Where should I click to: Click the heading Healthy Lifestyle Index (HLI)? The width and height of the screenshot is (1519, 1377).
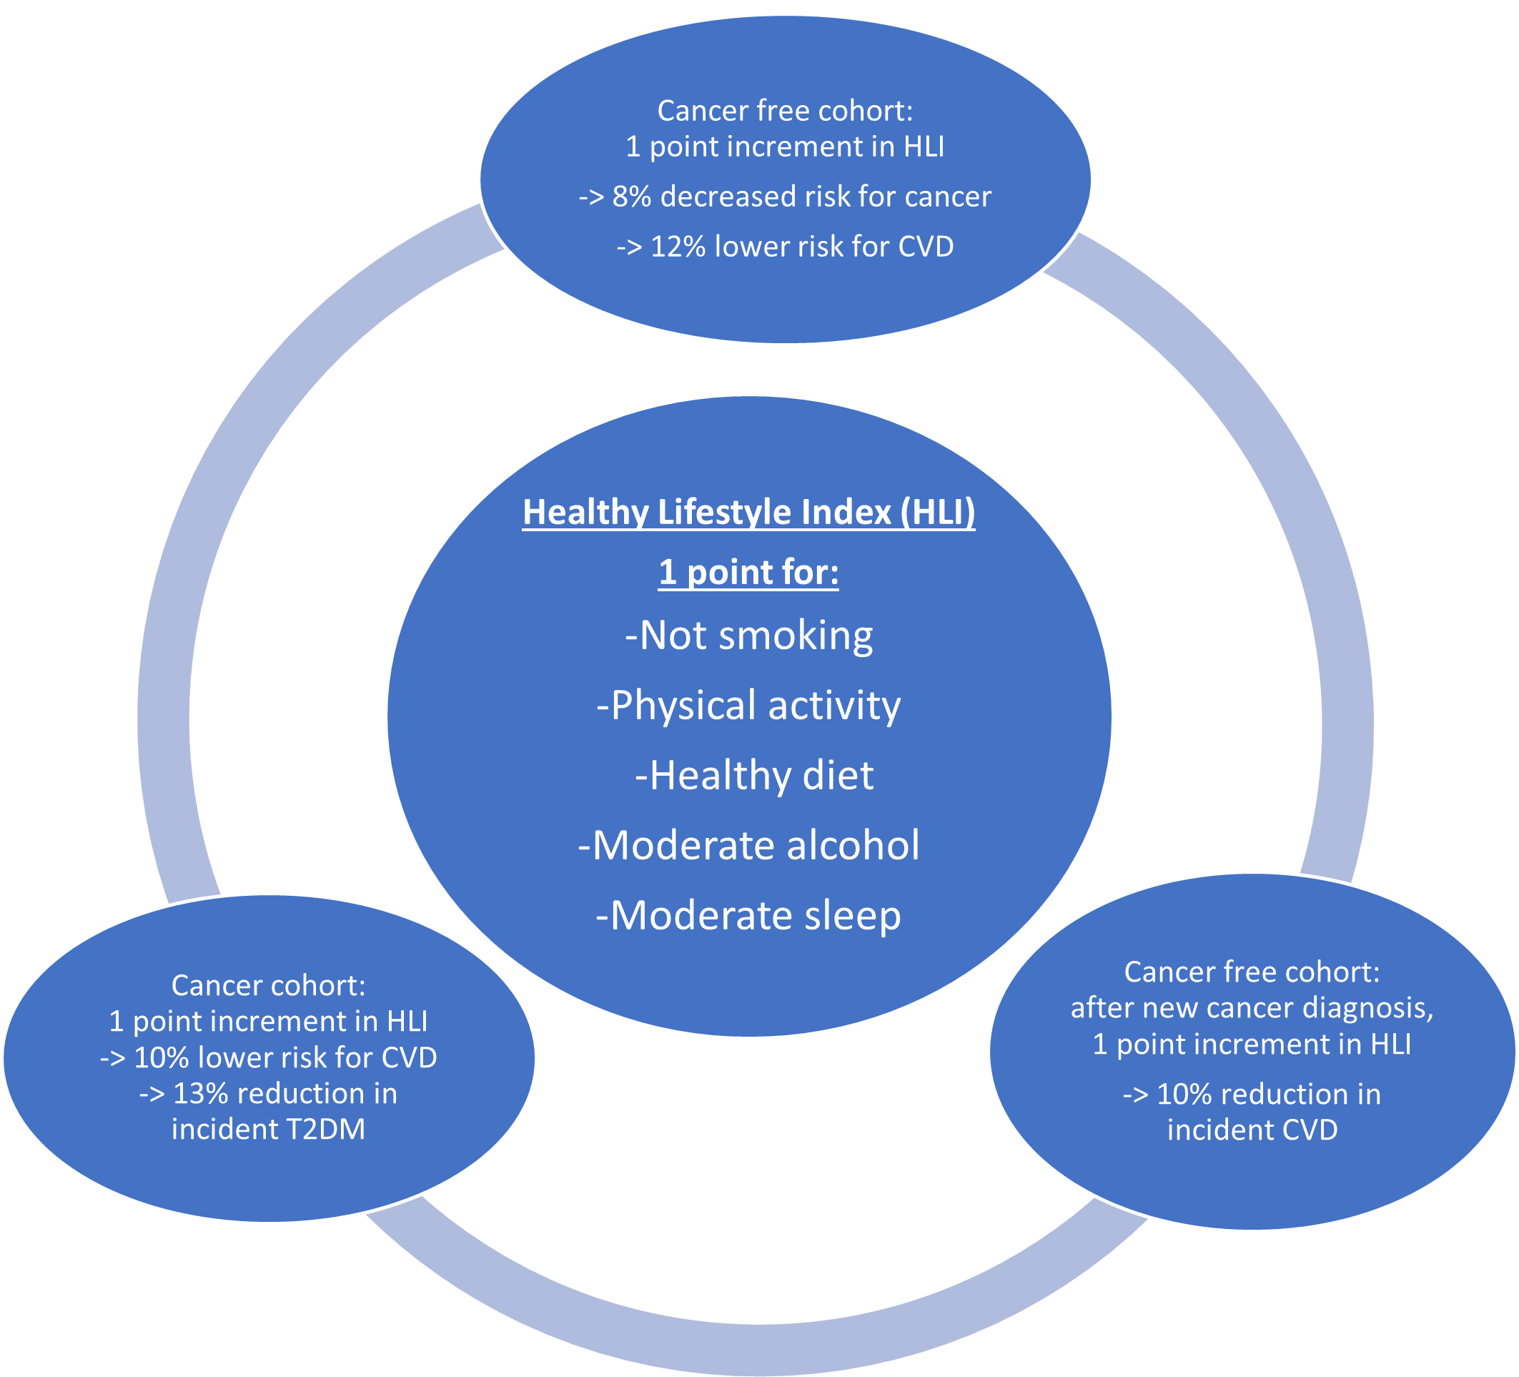click(748, 513)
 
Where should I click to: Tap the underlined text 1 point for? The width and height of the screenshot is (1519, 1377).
click(748, 573)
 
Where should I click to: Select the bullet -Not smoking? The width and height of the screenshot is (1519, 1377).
click(748, 636)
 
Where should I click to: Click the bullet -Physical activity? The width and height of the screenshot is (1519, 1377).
click(748, 706)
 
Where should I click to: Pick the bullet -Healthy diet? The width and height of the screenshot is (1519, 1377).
click(753, 776)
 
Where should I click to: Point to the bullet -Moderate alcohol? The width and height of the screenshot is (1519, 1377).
click(748, 846)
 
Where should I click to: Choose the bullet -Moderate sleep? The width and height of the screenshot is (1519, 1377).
click(748, 916)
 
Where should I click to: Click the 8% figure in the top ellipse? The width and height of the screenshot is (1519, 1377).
click(631, 197)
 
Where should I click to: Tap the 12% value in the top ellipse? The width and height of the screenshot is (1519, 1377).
click(678, 247)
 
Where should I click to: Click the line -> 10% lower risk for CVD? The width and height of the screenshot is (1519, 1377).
click(268, 1057)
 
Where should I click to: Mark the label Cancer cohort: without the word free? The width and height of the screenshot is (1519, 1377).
click(268, 986)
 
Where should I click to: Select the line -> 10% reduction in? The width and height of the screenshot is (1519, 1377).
click(1252, 1095)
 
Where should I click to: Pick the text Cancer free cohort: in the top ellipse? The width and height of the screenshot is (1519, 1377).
click(785, 111)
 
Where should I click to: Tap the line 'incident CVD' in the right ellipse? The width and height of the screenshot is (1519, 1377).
click(1252, 1130)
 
